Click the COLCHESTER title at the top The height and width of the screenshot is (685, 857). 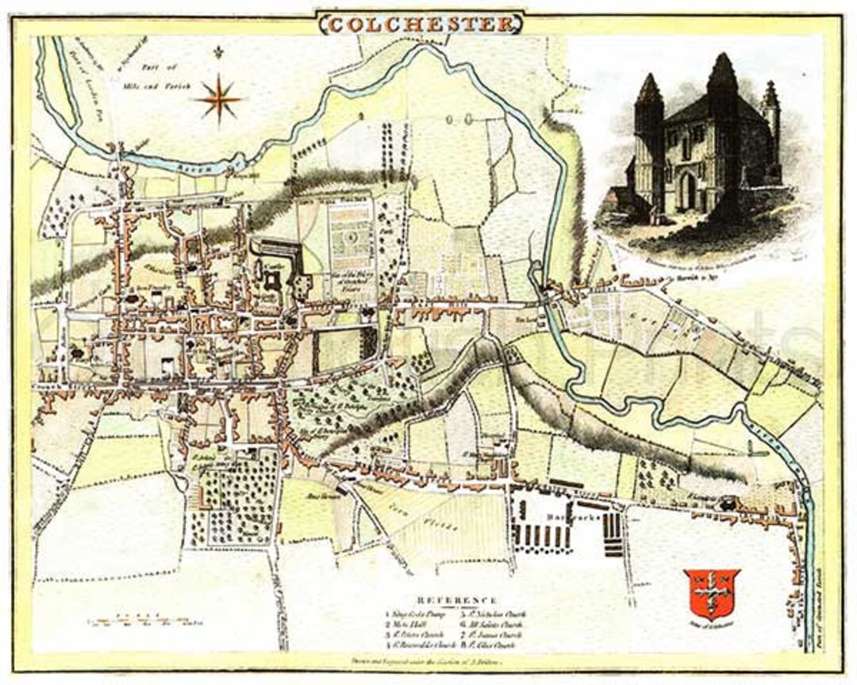pos(421,24)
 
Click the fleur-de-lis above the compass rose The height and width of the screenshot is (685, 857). pos(217,54)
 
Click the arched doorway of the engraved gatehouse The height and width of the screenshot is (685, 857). pos(687,191)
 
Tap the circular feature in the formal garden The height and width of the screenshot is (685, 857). pos(351,238)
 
